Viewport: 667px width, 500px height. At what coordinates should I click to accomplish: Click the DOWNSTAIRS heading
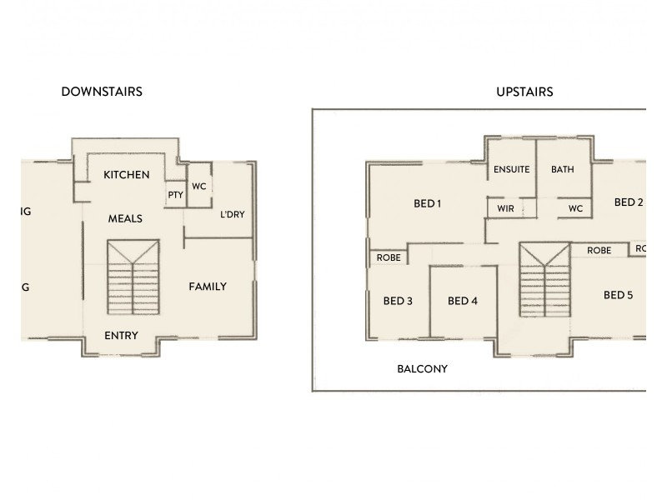tap(102, 92)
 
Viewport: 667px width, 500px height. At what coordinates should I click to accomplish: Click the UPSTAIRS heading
tap(524, 92)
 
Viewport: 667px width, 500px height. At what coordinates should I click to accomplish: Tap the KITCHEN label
tap(127, 175)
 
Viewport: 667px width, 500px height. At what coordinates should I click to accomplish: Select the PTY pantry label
tap(175, 195)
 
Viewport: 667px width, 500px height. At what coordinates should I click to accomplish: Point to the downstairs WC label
tap(198, 187)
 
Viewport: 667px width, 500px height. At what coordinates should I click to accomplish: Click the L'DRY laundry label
tap(232, 214)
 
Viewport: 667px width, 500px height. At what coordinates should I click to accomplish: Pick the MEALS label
tap(125, 219)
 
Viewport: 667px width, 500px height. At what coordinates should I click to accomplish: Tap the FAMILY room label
tap(208, 287)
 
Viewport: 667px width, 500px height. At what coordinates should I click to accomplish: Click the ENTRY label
tap(121, 336)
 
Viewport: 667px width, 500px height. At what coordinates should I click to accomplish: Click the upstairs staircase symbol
tap(544, 279)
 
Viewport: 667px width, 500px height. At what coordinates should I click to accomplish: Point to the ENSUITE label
tap(511, 169)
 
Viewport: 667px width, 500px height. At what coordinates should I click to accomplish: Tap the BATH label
tap(563, 169)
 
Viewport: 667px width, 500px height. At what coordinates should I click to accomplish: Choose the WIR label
tap(505, 208)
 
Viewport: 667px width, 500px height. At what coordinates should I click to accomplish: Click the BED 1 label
tap(428, 203)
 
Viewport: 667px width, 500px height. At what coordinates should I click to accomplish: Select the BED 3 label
tap(398, 301)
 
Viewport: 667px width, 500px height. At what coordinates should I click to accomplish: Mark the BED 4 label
tap(462, 301)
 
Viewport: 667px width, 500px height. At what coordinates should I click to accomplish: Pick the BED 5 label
tap(618, 295)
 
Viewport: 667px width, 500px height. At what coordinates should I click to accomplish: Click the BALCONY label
tap(422, 368)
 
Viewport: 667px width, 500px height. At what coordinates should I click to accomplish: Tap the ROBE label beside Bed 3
tap(389, 257)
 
